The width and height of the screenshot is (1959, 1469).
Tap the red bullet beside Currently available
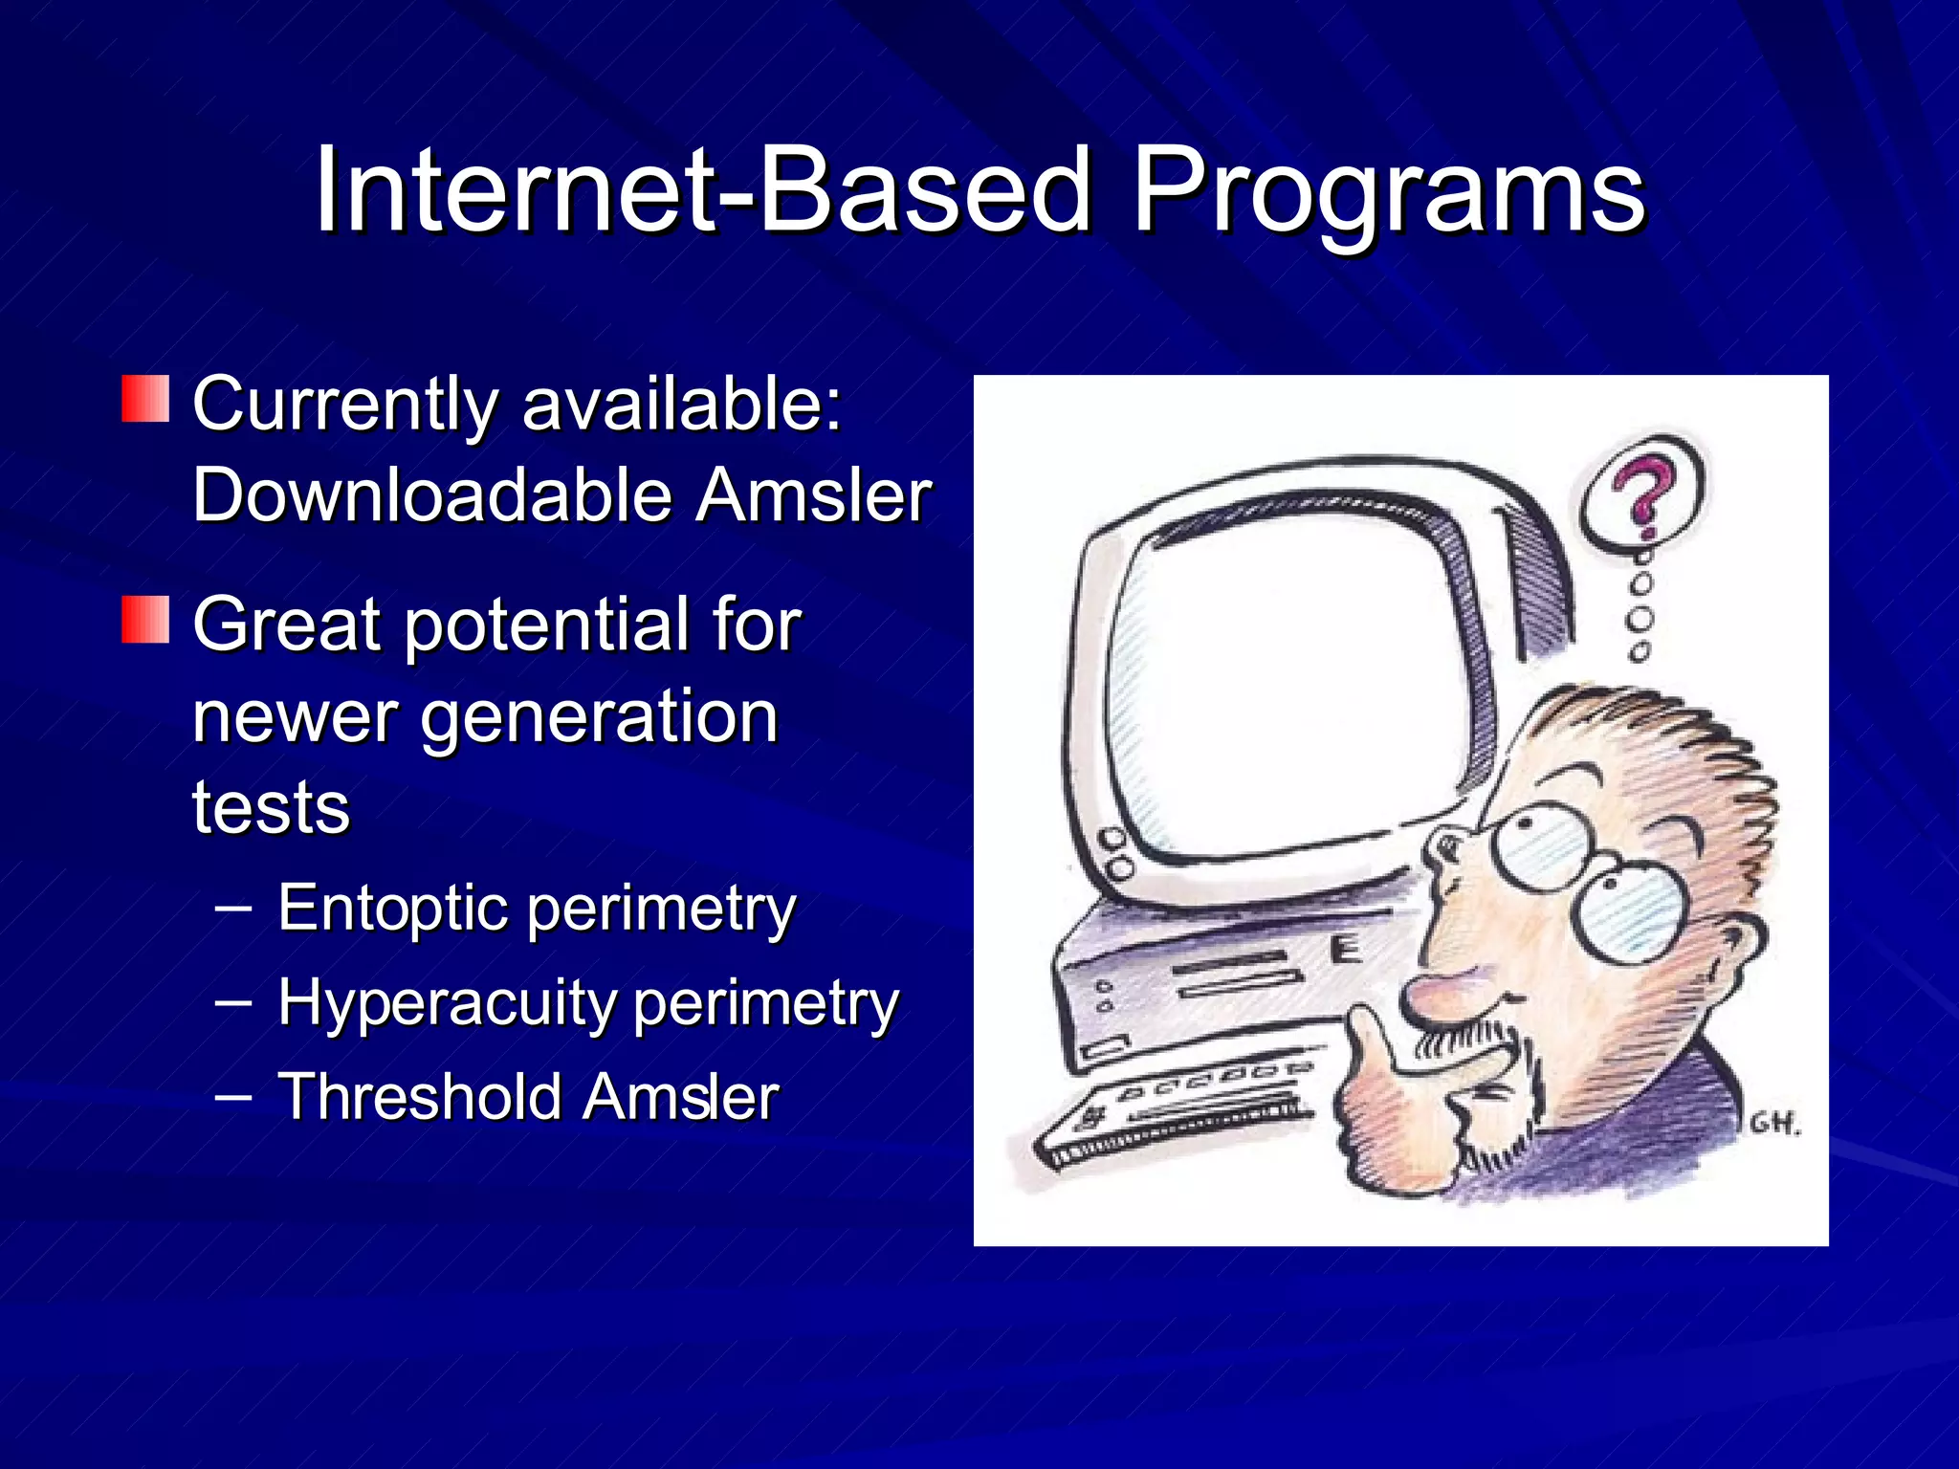145,399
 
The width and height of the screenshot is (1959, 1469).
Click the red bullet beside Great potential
145,619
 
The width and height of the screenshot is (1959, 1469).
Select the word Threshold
419,1096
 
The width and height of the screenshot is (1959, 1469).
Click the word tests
271,807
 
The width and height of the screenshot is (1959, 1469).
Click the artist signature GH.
1774,1125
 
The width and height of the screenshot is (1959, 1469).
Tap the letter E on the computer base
1346,950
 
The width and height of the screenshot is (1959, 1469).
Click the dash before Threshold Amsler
234,1096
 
